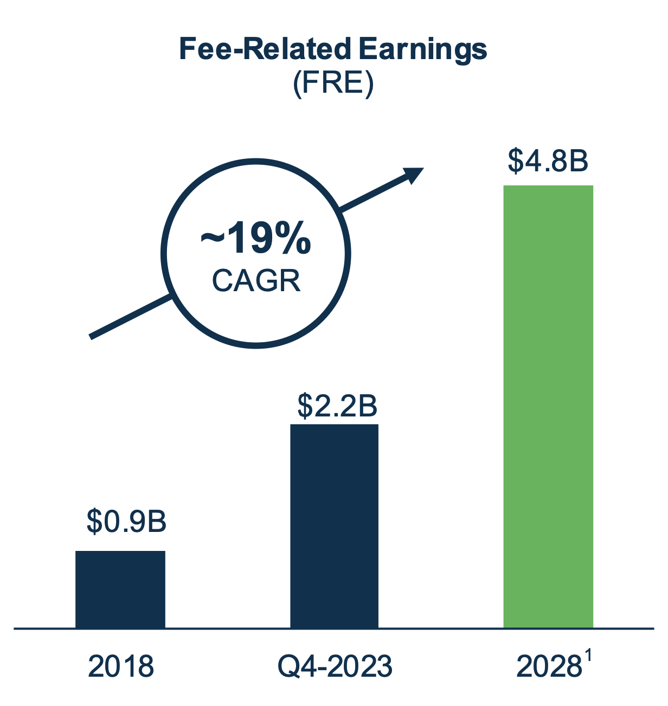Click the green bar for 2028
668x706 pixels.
[x=548, y=407]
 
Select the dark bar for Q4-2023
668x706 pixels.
[x=334, y=526]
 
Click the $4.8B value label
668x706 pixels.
[x=548, y=161]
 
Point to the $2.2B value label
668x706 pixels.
[x=337, y=406]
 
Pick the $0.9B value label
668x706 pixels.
[x=126, y=522]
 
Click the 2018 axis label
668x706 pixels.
[x=120, y=666]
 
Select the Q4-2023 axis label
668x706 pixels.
[x=335, y=666]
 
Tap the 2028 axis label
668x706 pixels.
[x=547, y=666]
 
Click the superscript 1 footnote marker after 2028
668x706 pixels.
[x=588, y=658]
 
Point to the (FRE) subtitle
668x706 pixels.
[x=333, y=84]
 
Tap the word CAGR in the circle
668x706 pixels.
[x=256, y=281]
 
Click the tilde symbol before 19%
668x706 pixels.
[x=211, y=238]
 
